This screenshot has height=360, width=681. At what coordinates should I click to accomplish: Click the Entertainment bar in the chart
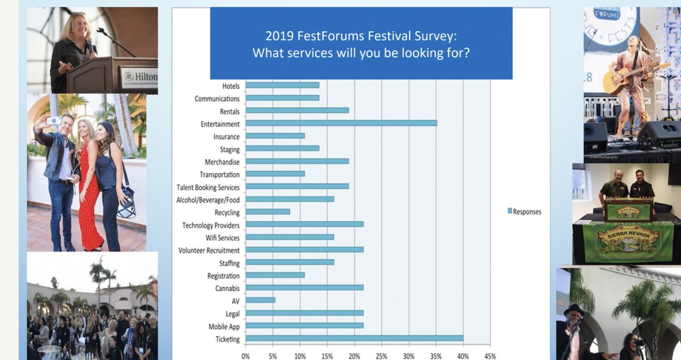click(341, 123)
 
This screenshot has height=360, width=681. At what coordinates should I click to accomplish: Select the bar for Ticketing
click(354, 338)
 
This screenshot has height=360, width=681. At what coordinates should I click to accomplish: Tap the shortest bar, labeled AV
click(260, 300)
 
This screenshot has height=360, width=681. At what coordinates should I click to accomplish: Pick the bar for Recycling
click(267, 212)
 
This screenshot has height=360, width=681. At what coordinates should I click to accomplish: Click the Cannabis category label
click(225, 288)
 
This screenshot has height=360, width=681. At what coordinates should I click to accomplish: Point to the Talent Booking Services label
click(208, 187)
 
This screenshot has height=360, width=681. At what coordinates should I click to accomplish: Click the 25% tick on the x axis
click(382, 356)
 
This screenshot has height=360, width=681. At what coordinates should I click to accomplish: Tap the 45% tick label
click(490, 356)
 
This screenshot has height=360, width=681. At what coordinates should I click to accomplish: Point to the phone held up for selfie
click(54, 120)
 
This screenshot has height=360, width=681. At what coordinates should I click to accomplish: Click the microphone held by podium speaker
click(89, 46)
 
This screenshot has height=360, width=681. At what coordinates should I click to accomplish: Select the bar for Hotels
click(282, 85)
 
